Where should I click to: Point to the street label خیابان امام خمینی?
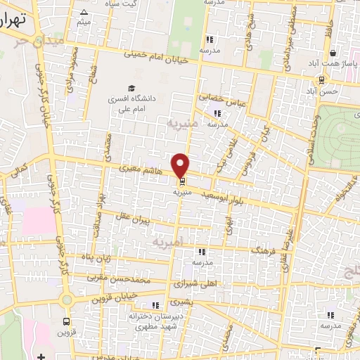(x=157, y=56)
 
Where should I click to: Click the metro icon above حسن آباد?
(x=321, y=79)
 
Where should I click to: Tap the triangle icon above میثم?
(x=84, y=12)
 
